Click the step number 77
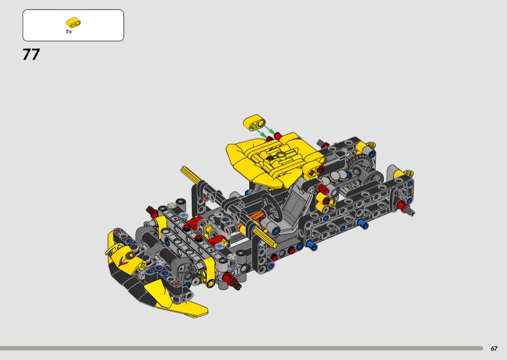pos(31,55)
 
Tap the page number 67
pos(494,348)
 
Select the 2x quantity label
pos(69,32)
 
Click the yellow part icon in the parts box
pos(73,22)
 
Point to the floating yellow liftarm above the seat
pos(254,123)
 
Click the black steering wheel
pos(271,205)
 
